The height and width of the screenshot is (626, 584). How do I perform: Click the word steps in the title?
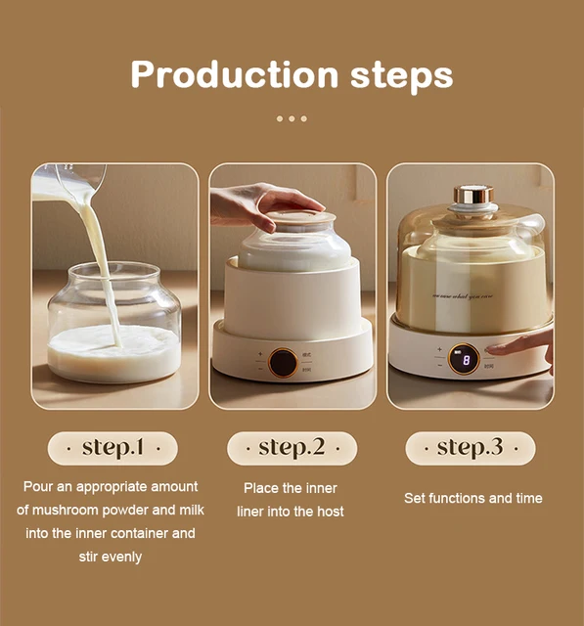point(401,76)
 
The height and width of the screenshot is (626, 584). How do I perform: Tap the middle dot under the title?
point(292,118)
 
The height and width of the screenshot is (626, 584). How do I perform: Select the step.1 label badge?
point(112,448)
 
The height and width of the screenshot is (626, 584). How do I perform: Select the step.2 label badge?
point(292,448)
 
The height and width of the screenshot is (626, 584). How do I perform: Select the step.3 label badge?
point(470,448)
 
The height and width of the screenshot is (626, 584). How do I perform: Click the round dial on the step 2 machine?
point(284,362)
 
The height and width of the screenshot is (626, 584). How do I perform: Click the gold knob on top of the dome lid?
point(473,195)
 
